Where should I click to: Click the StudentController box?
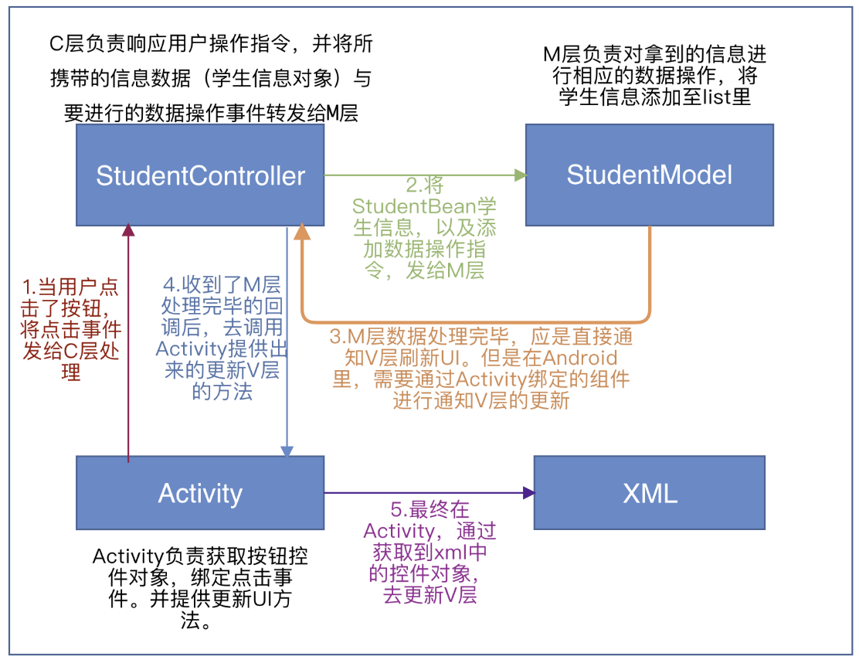200,175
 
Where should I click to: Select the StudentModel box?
649,175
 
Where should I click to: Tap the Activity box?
200,492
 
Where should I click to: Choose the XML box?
649,492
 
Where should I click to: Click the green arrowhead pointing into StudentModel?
520,175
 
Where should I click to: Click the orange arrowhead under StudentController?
301,231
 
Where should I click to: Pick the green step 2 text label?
424,228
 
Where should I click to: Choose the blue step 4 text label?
221,337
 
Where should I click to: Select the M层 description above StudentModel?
654,76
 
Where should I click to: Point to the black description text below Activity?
200,588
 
